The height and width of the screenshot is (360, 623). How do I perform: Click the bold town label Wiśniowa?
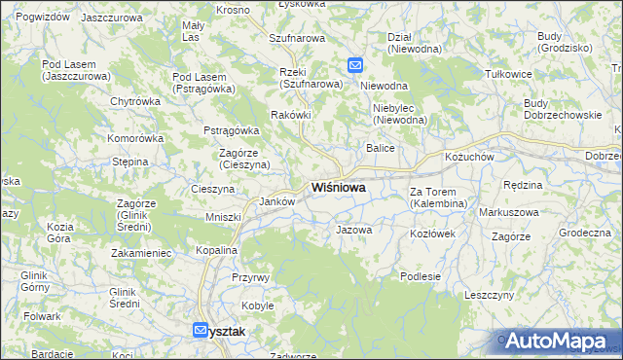click(x=339, y=188)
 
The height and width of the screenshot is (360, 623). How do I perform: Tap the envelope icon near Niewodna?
click(x=355, y=66)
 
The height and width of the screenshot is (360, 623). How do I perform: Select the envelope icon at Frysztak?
click(x=201, y=331)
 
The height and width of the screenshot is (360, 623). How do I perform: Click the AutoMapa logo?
click(x=557, y=342)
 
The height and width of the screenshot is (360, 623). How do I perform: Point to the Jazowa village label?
click(x=353, y=231)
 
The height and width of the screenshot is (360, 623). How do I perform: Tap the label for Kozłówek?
click(x=433, y=234)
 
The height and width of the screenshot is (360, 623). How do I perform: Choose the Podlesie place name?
click(x=421, y=276)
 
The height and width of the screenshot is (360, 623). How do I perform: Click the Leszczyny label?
click(x=489, y=294)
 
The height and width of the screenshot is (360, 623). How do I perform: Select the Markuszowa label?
click(x=509, y=212)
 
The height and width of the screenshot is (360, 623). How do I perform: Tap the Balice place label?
click(x=379, y=148)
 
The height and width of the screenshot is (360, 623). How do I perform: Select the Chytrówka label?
click(x=135, y=101)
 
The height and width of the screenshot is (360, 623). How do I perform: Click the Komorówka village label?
click(x=135, y=138)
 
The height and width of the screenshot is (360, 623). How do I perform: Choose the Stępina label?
click(x=129, y=162)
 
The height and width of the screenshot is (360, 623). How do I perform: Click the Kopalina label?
click(x=216, y=250)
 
